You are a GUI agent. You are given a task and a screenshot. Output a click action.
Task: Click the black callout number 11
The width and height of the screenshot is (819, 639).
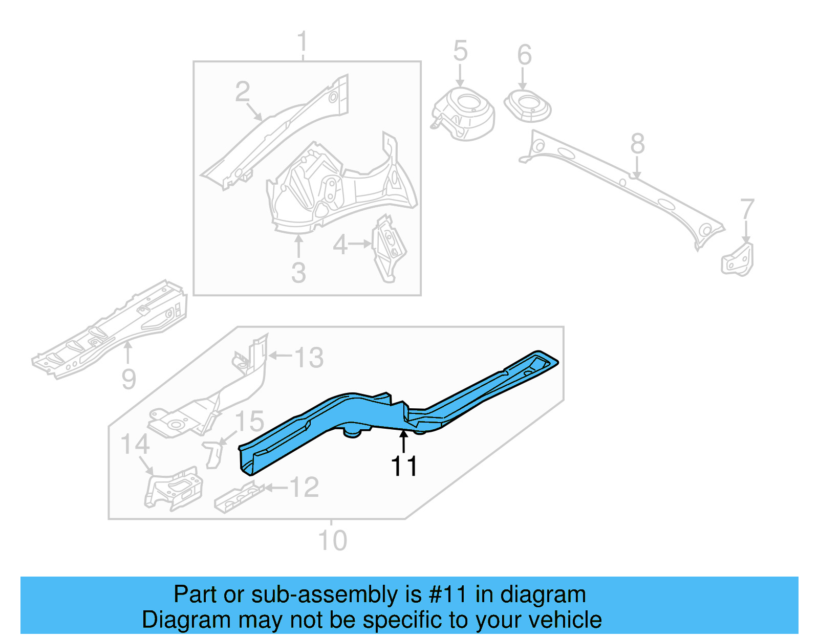pos(404,467)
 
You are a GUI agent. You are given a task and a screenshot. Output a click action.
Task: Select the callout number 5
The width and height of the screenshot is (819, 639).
pos(460,51)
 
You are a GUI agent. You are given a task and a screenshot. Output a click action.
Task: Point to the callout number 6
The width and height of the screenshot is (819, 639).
pos(524,55)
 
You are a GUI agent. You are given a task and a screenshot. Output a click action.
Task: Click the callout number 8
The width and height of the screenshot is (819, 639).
pos(637,144)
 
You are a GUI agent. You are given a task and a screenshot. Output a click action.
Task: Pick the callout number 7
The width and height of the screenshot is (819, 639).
pos(747,209)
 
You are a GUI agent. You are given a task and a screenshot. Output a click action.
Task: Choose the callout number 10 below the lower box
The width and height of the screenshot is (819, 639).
pos(332,541)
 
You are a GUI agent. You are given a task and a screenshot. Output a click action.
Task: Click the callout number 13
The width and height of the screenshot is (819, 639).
pos(309,358)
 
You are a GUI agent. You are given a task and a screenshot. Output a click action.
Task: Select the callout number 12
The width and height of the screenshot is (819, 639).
pos(304,488)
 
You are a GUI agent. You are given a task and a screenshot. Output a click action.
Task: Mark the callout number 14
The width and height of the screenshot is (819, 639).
pos(135,445)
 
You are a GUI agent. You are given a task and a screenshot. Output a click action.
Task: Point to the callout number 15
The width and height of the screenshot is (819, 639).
pos(249,422)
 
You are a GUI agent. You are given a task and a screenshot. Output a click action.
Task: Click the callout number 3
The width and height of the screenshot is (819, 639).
pos(298,273)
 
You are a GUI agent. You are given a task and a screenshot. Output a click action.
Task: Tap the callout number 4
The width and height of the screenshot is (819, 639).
pos(340,245)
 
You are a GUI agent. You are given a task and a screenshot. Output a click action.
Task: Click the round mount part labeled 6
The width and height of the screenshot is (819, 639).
pos(528,106)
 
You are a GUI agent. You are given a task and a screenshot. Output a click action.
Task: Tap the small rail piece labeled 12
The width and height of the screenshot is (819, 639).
pos(239,497)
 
